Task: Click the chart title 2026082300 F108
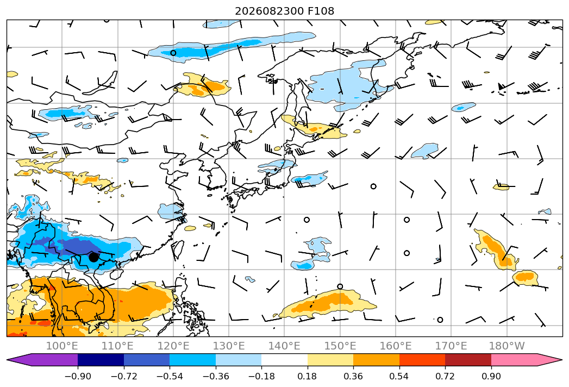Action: (x=285, y=11)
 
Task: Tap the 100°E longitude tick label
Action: (x=62, y=346)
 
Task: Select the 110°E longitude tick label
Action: (x=117, y=346)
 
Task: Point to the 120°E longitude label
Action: (x=173, y=346)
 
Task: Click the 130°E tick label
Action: (x=229, y=346)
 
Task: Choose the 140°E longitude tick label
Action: (x=284, y=346)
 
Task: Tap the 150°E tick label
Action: (x=340, y=346)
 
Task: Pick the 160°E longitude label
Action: (x=396, y=346)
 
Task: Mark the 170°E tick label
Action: (x=451, y=346)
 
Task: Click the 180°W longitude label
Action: (x=507, y=346)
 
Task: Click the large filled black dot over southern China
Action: (x=93, y=257)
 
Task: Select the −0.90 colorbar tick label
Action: (x=78, y=376)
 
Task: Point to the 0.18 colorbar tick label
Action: (x=308, y=376)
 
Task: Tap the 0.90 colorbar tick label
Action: (x=491, y=376)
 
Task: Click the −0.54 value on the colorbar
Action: (x=170, y=376)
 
